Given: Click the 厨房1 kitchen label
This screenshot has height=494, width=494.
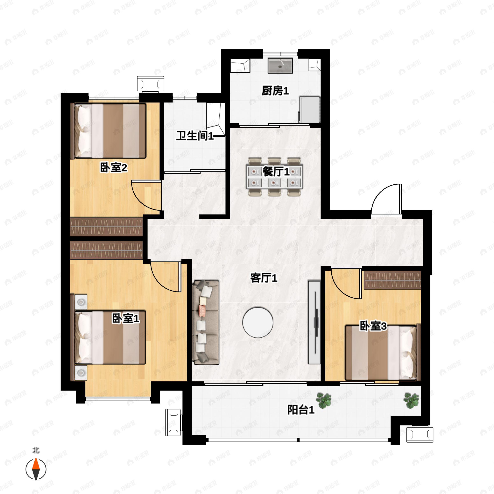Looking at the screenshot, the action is [x=275, y=91].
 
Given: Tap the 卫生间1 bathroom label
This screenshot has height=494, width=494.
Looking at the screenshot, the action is [x=195, y=135].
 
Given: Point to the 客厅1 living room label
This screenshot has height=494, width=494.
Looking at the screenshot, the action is [x=264, y=278].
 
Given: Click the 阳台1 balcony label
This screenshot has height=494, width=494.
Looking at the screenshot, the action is [x=301, y=410].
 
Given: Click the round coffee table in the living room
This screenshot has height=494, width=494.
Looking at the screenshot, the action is [x=258, y=322].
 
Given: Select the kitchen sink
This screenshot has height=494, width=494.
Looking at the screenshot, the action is [x=280, y=65].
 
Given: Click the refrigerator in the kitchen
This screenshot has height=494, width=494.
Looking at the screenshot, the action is [x=309, y=110].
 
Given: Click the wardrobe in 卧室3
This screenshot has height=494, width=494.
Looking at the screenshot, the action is [x=392, y=280].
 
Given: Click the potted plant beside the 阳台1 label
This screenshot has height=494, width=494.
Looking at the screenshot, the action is [x=324, y=400].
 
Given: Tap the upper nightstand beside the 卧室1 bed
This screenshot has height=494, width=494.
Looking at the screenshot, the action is [x=81, y=302].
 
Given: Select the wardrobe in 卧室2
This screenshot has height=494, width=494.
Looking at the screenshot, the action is [x=106, y=227].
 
